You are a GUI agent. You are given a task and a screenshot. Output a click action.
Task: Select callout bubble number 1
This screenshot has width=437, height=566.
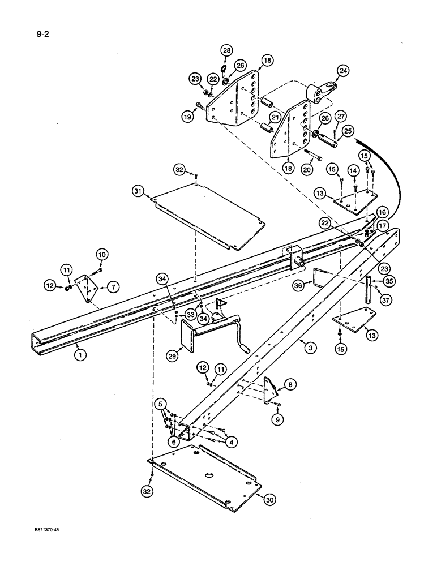coord(79,355)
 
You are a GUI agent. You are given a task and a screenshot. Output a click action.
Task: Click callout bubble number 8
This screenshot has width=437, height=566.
coord(290,385)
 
